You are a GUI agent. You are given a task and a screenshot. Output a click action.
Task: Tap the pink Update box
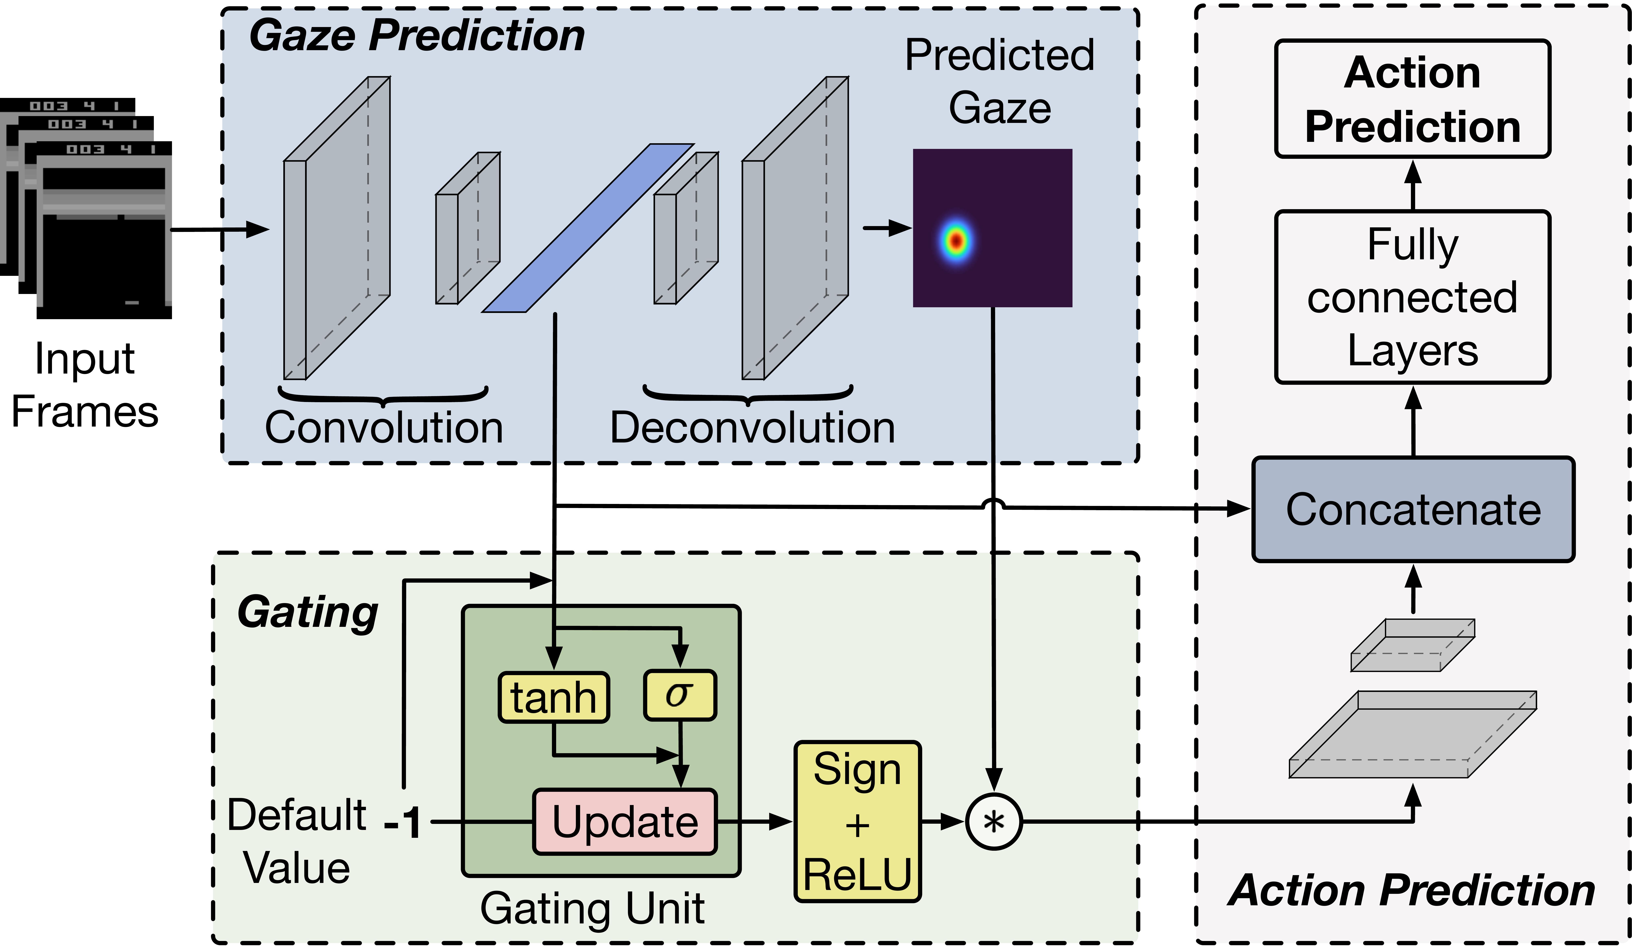[x=625, y=822]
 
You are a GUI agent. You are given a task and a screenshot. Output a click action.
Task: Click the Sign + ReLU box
[x=857, y=822]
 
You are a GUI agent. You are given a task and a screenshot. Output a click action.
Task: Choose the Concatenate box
[x=1413, y=509]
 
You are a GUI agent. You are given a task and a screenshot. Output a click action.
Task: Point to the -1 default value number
[x=403, y=823]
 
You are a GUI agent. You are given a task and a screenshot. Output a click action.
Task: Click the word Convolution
[x=384, y=428]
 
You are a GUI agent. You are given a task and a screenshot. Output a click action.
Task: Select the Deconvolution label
[x=752, y=428]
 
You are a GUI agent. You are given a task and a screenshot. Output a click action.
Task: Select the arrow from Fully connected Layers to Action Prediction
[x=1413, y=185]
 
